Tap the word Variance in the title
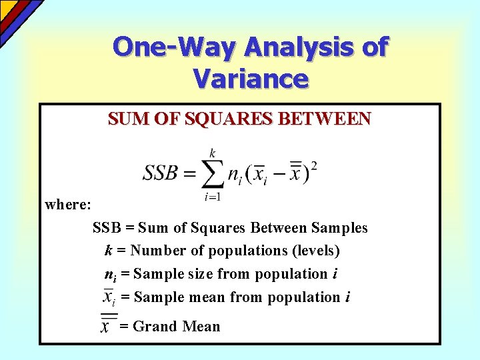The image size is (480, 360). click(x=251, y=79)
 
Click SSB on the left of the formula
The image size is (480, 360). click(x=160, y=173)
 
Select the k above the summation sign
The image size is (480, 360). click(x=213, y=153)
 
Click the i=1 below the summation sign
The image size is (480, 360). click(x=213, y=196)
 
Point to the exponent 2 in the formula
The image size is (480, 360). click(x=314, y=165)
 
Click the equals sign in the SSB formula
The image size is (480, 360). click(x=189, y=174)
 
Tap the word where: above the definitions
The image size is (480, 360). click(x=68, y=204)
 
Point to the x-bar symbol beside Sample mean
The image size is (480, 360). click(x=109, y=297)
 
